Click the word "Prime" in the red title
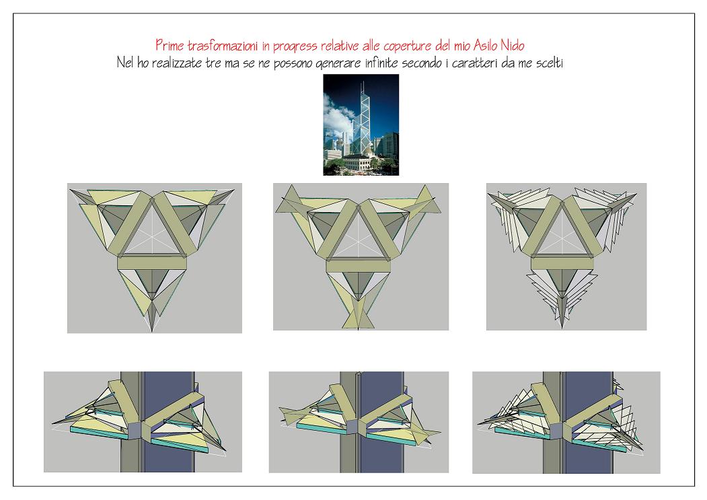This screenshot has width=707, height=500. click(170, 45)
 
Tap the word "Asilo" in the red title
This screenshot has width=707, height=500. click(486, 45)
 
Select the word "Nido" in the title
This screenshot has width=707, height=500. click(513, 45)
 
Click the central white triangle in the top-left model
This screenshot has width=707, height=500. click(152, 229)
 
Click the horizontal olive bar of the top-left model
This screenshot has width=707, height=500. click(152, 263)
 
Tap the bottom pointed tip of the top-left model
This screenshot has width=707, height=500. click(152, 332)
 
